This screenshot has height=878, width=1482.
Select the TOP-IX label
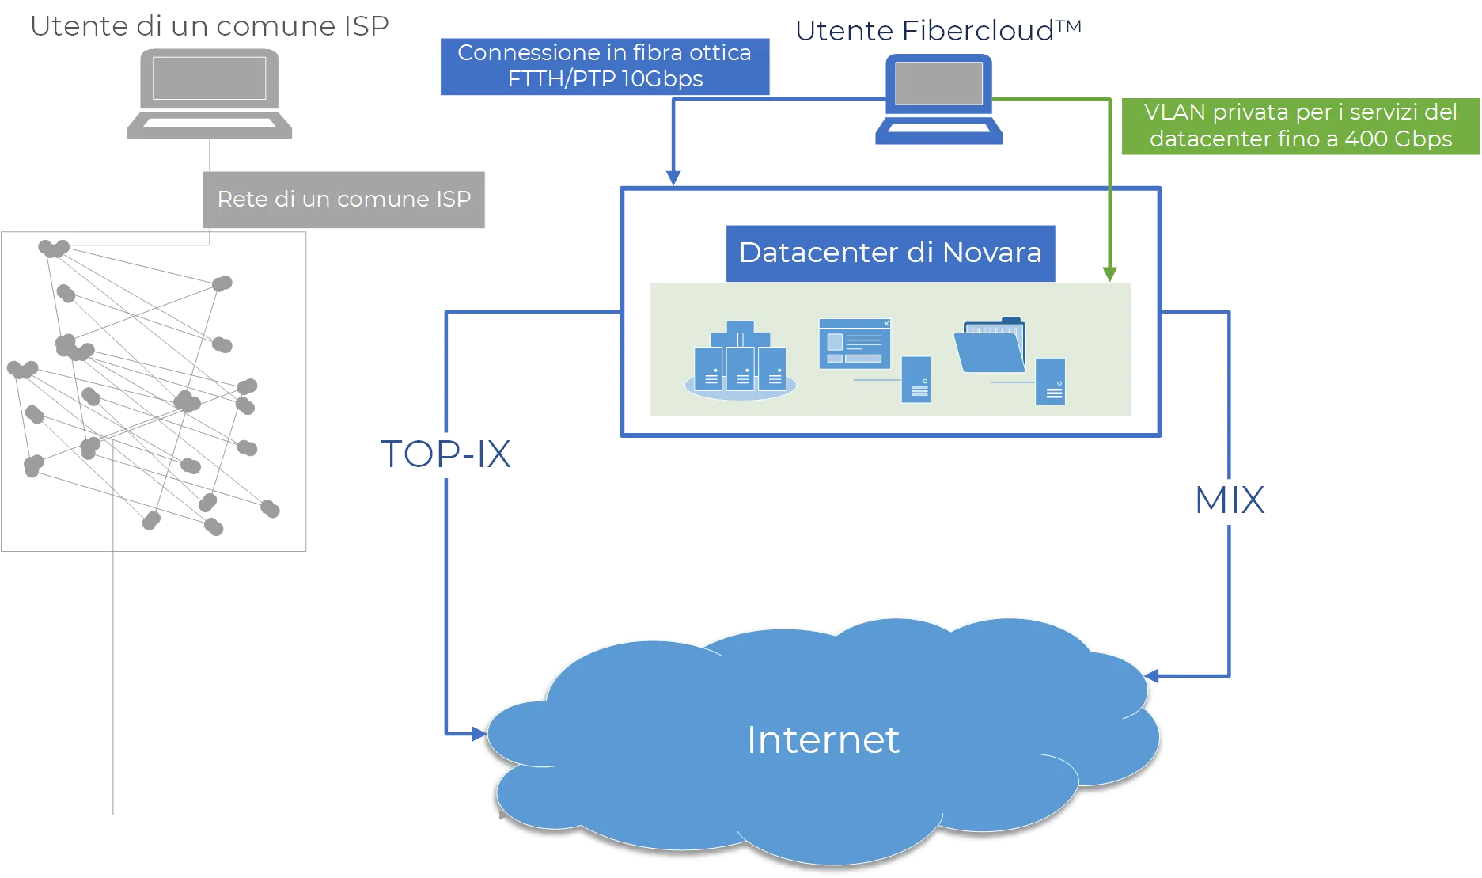[x=446, y=454]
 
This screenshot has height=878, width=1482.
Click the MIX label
[x=1230, y=499]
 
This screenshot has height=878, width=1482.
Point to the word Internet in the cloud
[x=823, y=740]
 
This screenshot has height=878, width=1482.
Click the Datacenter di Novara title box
[x=890, y=253]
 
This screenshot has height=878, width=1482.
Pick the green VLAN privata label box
[x=1300, y=126]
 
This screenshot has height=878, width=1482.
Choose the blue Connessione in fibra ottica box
[x=605, y=66]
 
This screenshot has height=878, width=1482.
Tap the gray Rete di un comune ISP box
[x=344, y=199]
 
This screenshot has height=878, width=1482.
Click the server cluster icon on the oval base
[x=740, y=360]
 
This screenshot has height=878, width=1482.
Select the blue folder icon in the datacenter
[x=991, y=345]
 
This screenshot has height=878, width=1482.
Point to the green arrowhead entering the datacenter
[x=1110, y=273]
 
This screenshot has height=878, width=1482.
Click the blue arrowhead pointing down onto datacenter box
[x=673, y=177]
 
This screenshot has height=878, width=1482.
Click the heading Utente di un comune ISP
[x=211, y=26]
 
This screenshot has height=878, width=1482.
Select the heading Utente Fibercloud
[x=938, y=31]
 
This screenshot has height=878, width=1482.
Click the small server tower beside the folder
[x=1051, y=382]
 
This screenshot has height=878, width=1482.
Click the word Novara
[x=992, y=253]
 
